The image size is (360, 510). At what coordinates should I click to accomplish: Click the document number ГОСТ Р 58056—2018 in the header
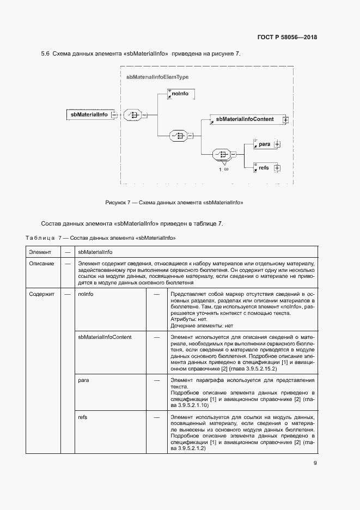[286, 38]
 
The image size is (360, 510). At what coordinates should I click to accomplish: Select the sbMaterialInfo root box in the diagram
[89, 114]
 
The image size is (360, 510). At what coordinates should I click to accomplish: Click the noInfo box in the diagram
[180, 94]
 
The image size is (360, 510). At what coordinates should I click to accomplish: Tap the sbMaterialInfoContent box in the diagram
[245, 119]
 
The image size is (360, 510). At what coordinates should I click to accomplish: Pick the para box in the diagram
[265, 144]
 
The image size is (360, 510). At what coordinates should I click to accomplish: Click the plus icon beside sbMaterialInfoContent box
[285, 119]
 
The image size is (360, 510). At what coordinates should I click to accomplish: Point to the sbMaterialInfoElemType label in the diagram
[154, 77]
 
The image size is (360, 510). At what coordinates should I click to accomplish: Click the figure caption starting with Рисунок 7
[174, 203]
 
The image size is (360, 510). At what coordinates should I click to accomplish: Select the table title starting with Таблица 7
[101, 238]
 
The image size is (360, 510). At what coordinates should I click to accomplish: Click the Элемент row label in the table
[40, 252]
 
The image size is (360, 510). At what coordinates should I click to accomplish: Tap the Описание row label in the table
[41, 264]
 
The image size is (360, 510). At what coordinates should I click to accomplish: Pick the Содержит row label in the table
[42, 294]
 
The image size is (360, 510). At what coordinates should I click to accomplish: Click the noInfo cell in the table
[86, 294]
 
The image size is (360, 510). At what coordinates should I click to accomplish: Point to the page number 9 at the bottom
[315, 463]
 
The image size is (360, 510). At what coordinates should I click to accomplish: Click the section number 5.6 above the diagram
[45, 53]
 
